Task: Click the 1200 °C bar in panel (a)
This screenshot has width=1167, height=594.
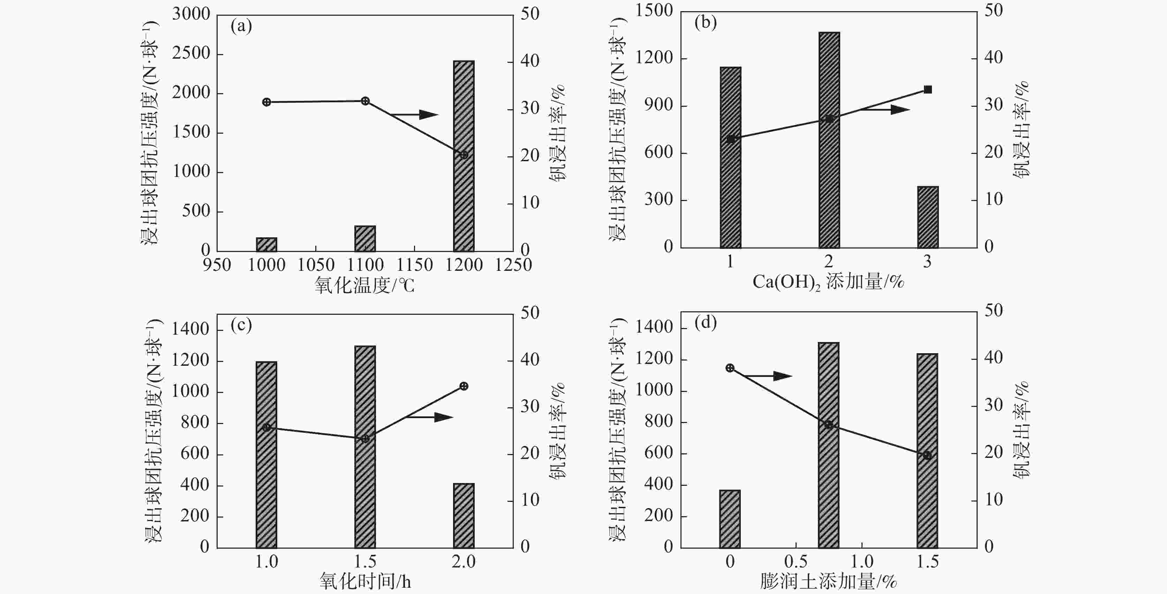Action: click(x=464, y=156)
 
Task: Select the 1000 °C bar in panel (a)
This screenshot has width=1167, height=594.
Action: click(x=266, y=244)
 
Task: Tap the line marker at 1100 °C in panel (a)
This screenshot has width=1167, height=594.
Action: click(x=365, y=101)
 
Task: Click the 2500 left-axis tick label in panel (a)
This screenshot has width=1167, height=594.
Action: click(x=191, y=53)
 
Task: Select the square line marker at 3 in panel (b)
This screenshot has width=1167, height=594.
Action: click(x=927, y=90)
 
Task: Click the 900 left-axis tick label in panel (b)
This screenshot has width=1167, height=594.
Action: click(x=659, y=105)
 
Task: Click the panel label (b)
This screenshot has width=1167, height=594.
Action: click(x=705, y=22)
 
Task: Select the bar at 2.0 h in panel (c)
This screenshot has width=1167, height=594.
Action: click(x=464, y=515)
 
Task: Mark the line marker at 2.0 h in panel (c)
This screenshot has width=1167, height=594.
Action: click(x=464, y=386)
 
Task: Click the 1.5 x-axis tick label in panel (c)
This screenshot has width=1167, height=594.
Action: click(x=365, y=562)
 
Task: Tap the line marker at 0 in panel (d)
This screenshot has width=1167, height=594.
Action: click(x=730, y=368)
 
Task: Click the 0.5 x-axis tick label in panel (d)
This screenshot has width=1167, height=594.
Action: click(x=796, y=562)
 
